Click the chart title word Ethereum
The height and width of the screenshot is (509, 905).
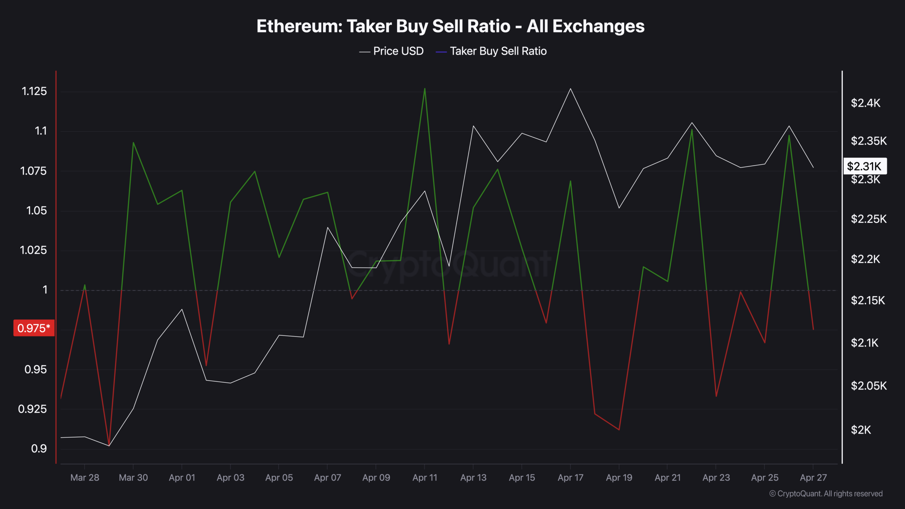299,27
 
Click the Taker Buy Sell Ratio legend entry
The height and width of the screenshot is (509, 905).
492,51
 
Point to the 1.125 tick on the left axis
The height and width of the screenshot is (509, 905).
34,91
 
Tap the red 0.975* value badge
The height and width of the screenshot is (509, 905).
34,328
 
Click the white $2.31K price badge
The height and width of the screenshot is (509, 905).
865,166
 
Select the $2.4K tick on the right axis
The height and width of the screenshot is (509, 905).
865,103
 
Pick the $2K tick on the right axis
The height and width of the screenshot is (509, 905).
861,430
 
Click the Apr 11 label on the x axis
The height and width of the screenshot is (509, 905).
425,478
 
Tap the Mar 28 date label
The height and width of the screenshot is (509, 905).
84,478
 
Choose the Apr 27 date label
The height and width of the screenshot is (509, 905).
813,478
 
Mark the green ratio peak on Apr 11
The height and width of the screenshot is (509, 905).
425,88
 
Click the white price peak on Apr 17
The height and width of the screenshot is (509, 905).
570,89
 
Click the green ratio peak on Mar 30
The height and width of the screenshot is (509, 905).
133,142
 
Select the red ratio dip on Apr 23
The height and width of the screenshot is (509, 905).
716,396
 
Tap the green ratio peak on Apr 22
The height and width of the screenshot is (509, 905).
692,129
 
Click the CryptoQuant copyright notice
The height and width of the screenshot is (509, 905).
826,493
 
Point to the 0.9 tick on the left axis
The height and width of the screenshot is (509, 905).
39,449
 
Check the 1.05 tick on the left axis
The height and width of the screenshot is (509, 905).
36,211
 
